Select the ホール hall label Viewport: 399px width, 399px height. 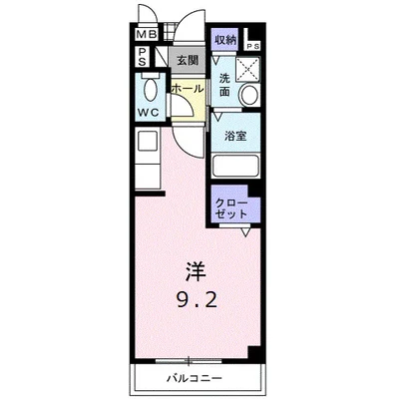tap(187, 89)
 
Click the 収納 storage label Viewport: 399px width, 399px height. tap(225, 40)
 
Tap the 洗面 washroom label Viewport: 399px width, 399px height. tap(225, 84)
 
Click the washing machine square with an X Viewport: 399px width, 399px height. tap(247, 68)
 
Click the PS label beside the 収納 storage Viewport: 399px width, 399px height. tap(253, 45)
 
